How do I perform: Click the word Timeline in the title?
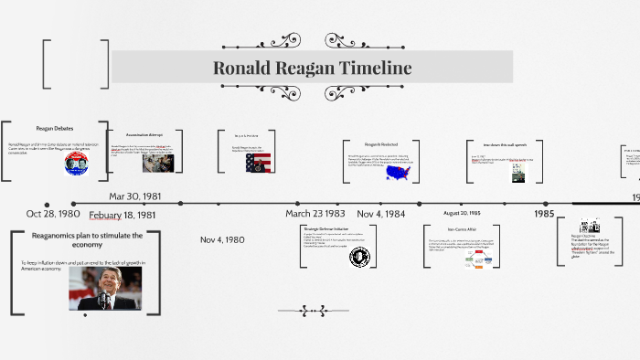coord(375,68)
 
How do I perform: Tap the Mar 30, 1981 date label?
coord(135,196)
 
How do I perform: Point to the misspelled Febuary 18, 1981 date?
coord(123,216)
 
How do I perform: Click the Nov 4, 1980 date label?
coord(222,239)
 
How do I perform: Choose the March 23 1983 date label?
coord(315,213)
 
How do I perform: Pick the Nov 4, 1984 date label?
coord(380,213)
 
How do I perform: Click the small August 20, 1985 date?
coord(462,213)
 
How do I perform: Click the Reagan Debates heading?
coord(54,129)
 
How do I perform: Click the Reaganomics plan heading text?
coord(87,240)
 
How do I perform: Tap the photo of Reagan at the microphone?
coord(105,288)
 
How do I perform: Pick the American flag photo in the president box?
coord(259,163)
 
